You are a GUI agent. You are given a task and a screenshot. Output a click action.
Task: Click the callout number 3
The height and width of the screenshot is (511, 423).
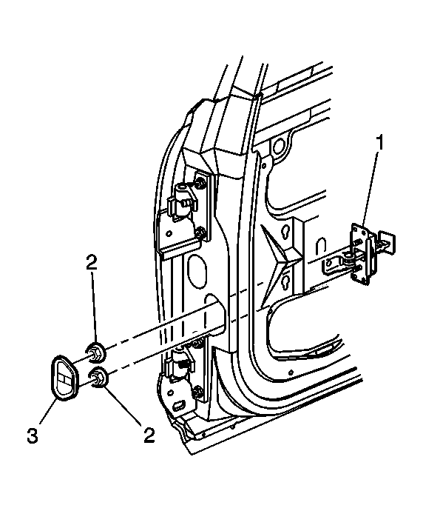tap(33, 435)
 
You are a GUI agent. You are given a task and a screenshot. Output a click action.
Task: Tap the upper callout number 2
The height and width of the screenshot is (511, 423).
tap(92, 262)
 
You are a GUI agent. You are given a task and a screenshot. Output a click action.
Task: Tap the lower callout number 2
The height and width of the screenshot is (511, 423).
tap(149, 435)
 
